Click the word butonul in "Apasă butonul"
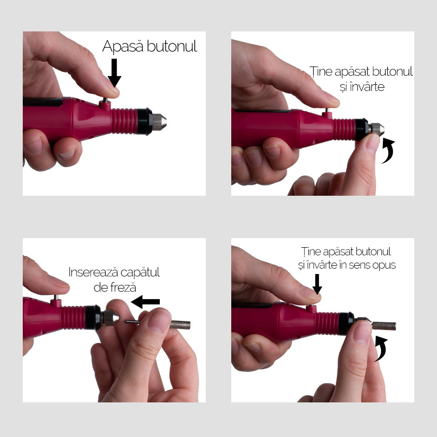click(x=172, y=46)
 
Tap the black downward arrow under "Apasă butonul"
click(x=114, y=73)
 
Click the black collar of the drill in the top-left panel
click(x=145, y=122)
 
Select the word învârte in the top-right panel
click(x=367, y=86)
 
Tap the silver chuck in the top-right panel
click(x=376, y=130)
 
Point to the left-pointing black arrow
click(x=145, y=302)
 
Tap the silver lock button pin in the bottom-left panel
click(x=56, y=297)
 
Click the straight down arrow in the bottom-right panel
click(x=317, y=284)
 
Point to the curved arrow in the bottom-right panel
click(x=381, y=349)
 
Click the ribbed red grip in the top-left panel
click(x=125, y=121)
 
